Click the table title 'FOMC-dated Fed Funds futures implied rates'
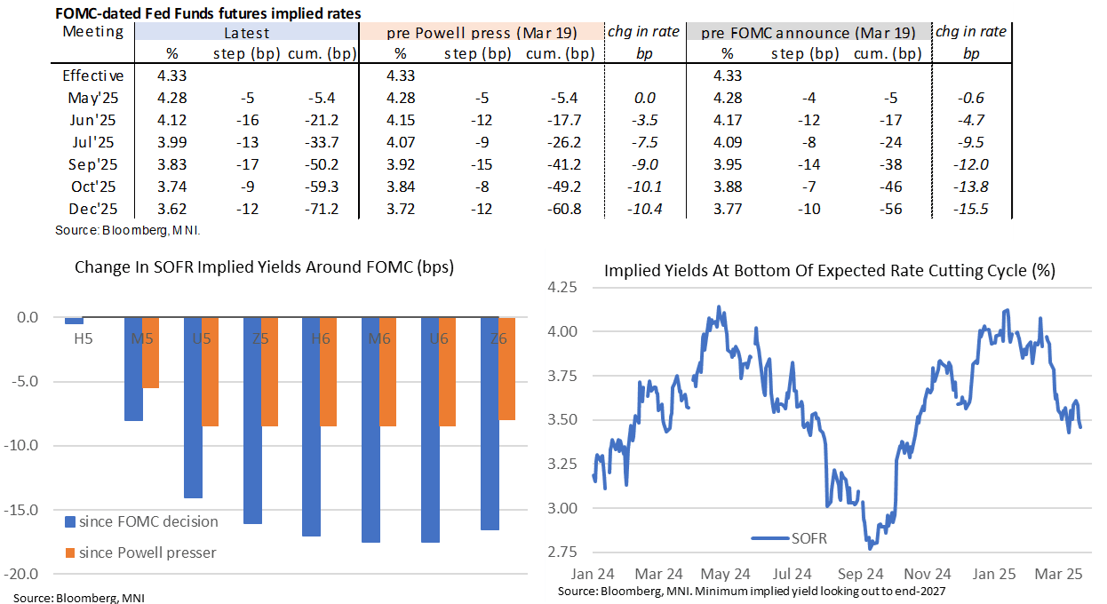(x=209, y=13)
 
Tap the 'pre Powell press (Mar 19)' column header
(x=482, y=33)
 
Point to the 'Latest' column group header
(x=246, y=33)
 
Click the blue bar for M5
(x=132, y=369)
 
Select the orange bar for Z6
(x=506, y=369)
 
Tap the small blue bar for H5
(x=74, y=321)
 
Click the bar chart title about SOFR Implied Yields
(x=264, y=266)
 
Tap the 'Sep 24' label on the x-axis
(x=860, y=573)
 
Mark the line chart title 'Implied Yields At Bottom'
(x=829, y=272)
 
